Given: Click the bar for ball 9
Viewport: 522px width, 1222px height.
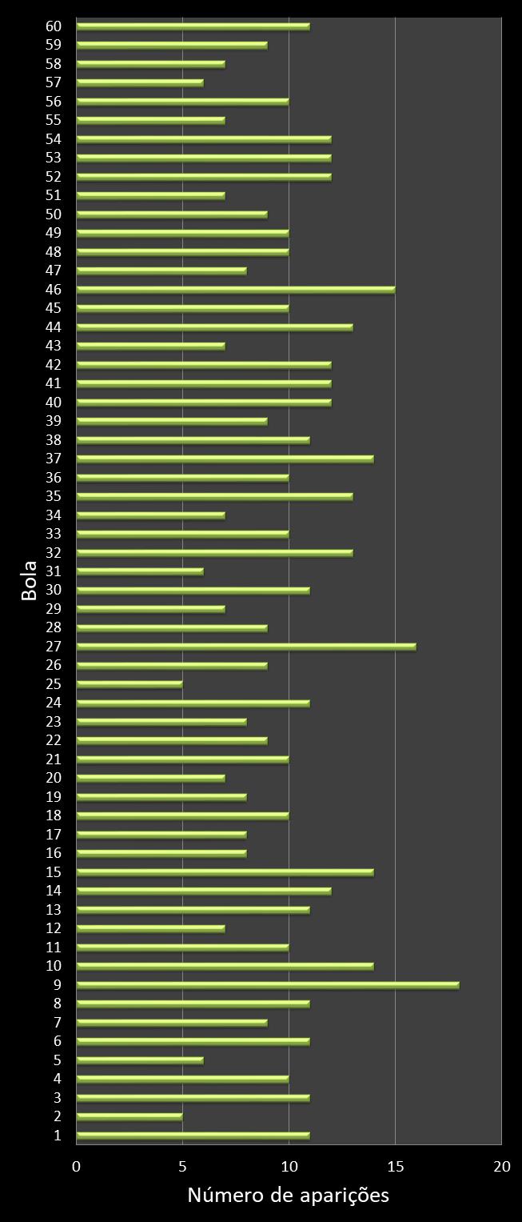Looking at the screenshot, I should [x=268, y=985].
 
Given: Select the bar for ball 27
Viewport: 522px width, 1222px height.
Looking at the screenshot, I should [x=246, y=647].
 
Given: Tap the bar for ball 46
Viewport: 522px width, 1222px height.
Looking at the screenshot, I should [x=236, y=290].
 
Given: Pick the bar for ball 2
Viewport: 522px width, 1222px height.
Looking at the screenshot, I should [x=130, y=1116].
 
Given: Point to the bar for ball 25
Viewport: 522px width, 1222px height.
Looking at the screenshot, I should [x=130, y=684].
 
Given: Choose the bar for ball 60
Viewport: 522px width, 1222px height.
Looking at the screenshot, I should [x=193, y=26].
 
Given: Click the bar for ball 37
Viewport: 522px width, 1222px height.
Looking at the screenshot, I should [x=225, y=459].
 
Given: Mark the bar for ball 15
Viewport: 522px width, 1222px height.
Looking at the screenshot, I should [x=225, y=872].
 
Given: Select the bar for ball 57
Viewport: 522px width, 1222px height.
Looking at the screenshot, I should [x=140, y=82].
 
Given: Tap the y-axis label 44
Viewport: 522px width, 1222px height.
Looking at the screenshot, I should [x=54, y=327].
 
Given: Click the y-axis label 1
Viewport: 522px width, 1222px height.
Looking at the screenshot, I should [x=58, y=1135].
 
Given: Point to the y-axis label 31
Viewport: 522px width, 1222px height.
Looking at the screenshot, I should [x=54, y=571].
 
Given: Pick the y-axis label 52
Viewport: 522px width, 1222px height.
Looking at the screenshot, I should [x=54, y=176].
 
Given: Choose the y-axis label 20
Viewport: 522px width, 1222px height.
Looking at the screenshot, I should [x=54, y=778].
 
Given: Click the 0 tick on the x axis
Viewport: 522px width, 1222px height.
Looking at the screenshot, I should [x=77, y=1167].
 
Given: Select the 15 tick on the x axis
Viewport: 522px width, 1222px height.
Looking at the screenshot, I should [x=395, y=1167].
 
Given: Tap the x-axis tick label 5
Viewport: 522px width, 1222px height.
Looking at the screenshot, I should [x=183, y=1167].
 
